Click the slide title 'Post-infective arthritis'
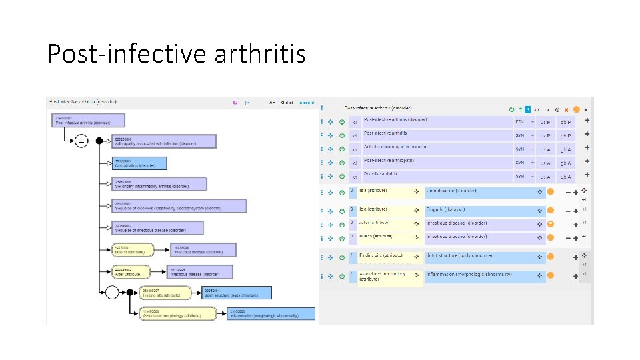[177, 53]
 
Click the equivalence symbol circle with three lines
[81, 141]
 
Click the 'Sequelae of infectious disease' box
[159, 227]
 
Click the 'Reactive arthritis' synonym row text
[381, 175]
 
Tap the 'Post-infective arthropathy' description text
[389, 161]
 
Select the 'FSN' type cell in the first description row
[520, 122]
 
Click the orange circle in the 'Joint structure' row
[551, 257]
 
